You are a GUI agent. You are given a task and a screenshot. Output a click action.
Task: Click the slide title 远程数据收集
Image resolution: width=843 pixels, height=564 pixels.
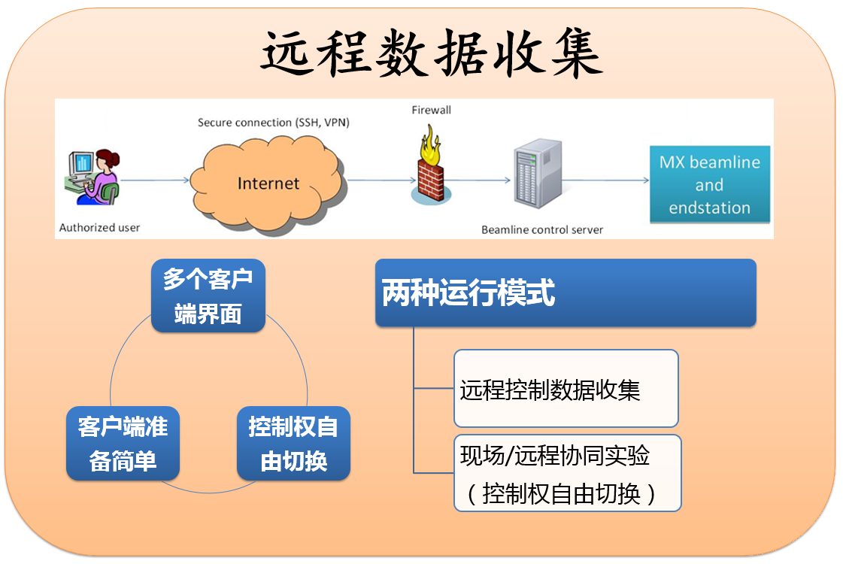point(432,54)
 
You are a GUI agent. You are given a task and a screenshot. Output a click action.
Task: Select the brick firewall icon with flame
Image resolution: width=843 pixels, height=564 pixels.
point(432,170)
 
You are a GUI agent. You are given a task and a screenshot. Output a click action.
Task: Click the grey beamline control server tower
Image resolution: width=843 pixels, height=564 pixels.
point(536,176)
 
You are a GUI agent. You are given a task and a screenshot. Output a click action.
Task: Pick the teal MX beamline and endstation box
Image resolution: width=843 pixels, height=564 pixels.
point(709,184)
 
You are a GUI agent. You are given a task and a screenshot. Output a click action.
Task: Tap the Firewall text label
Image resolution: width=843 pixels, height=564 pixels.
point(431,111)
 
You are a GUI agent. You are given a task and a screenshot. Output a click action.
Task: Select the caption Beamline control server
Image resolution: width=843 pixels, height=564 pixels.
point(541,229)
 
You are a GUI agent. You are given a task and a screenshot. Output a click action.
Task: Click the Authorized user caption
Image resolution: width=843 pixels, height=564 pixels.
point(99,227)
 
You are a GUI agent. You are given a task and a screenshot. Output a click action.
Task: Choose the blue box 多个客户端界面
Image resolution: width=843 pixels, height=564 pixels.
point(208,296)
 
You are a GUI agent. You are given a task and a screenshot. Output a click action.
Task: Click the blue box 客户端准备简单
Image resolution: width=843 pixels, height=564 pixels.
point(123,444)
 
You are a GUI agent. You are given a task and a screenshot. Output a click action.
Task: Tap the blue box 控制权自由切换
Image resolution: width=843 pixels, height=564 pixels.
point(293,444)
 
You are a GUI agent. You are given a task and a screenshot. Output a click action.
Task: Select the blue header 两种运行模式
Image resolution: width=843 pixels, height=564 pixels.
point(565,293)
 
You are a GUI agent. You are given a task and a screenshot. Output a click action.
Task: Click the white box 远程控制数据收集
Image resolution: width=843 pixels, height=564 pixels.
point(566,389)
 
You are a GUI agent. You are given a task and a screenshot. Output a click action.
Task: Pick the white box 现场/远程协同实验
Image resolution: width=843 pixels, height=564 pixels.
point(568,473)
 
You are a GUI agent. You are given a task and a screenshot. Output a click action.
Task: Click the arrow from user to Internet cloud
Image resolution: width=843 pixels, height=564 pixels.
point(154,180)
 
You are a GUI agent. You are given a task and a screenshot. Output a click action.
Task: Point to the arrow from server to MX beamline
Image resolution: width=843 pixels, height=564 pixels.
point(605,180)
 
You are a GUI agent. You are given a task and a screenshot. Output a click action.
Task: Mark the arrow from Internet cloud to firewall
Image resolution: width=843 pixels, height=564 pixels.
point(381,180)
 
